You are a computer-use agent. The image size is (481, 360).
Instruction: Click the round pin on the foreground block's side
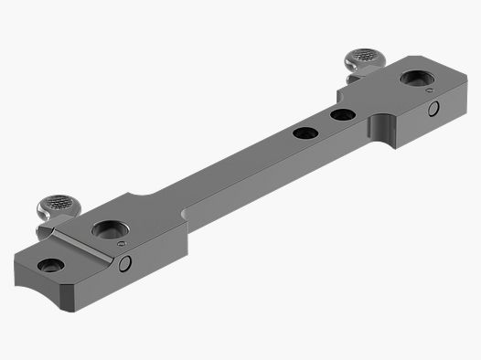point(126,264)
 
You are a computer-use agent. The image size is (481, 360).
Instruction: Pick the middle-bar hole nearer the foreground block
point(303,133)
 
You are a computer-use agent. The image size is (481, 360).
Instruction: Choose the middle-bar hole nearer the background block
point(343,115)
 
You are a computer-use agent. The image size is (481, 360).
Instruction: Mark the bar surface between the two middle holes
point(323,124)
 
